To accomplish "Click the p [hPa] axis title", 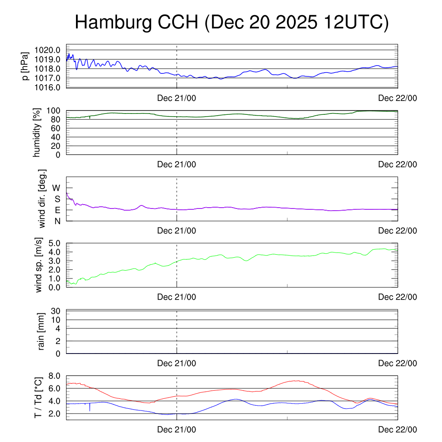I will pyautogui.click(x=26, y=66).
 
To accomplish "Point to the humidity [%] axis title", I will pyautogui.click(x=37, y=133).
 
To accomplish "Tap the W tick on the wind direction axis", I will pyautogui.click(x=57, y=188).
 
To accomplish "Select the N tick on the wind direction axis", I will pyautogui.click(x=57, y=221).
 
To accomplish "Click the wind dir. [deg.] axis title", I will pyautogui.click(x=42, y=199).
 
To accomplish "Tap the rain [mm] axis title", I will pyautogui.click(x=41, y=332).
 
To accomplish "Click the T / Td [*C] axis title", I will pyautogui.click(x=38, y=398).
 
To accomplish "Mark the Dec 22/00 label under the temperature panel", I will pyautogui.click(x=398, y=429).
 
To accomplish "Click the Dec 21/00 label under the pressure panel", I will pyautogui.click(x=177, y=98).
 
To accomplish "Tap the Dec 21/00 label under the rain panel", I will pyautogui.click(x=177, y=363).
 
